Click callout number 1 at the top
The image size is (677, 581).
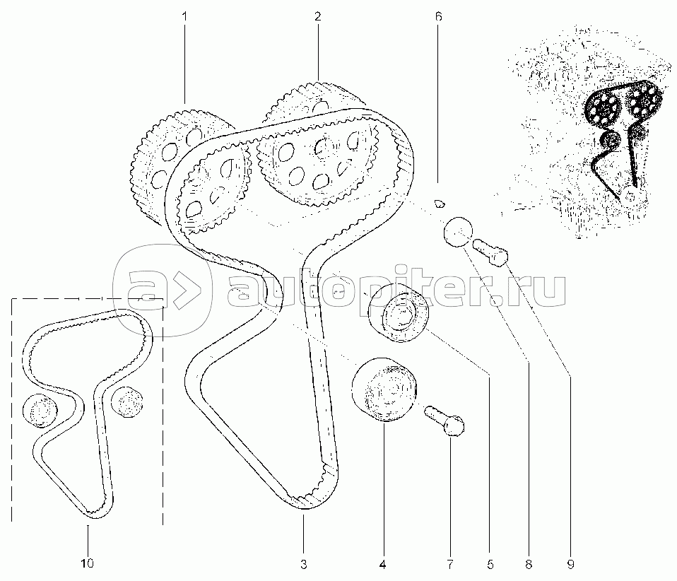184,17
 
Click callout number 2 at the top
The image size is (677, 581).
318,17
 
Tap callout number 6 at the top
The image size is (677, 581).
439,17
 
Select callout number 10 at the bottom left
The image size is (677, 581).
87,563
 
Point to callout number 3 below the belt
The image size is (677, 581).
304,564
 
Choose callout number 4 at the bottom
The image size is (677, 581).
382,564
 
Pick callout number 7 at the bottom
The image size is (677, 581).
450,564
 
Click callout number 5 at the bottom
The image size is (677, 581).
490,564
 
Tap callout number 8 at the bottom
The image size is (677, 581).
529,564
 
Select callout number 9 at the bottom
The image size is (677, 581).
570,564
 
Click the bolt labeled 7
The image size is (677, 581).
445,419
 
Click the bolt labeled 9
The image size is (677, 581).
490,252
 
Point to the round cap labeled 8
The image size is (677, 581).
457,232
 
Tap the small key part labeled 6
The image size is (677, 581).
439,203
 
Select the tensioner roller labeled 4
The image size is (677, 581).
384,389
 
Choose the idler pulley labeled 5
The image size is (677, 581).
399,314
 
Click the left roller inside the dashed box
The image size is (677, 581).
40,411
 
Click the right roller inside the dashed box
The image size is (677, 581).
127,402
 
